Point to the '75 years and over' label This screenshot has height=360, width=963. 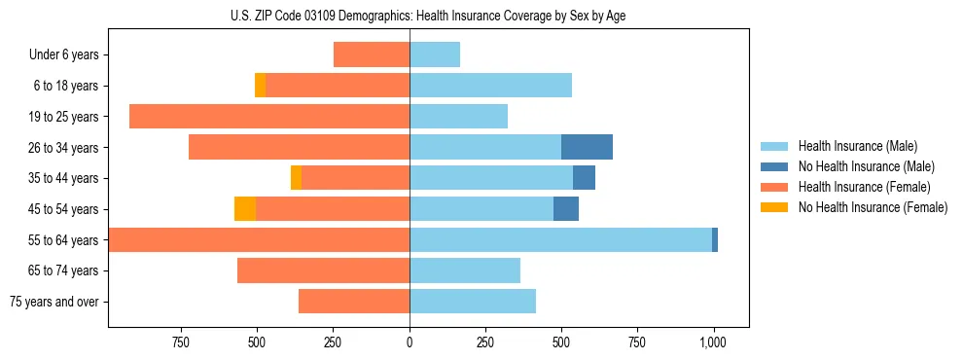click(53, 302)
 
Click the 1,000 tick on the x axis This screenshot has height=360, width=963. click(713, 342)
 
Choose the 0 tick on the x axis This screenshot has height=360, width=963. click(410, 342)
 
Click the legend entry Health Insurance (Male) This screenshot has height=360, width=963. click(856, 146)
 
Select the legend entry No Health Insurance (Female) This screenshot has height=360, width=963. click(873, 207)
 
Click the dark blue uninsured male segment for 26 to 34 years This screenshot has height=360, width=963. click(587, 147)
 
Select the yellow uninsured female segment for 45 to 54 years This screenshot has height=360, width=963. click(245, 209)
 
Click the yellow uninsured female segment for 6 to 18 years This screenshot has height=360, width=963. click(261, 86)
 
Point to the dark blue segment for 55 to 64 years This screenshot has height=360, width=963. click(715, 239)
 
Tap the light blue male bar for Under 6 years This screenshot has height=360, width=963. click(435, 54)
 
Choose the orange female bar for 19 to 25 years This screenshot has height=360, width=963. click(269, 117)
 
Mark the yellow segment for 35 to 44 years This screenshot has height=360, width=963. click(296, 178)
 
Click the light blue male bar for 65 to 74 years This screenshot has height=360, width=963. click(465, 270)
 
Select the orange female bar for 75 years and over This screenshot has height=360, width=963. click(354, 302)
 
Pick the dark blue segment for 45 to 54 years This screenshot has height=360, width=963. click(566, 209)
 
